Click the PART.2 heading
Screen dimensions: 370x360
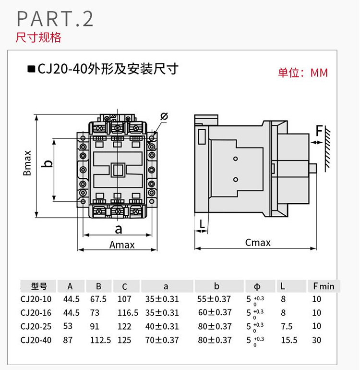(x=55, y=18)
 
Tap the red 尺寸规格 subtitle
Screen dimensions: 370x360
(x=38, y=37)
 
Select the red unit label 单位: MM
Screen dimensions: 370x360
(x=303, y=73)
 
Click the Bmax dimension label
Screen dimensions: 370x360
(x=27, y=163)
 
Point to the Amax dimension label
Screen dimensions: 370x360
(x=122, y=245)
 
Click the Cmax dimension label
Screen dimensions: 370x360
(x=258, y=243)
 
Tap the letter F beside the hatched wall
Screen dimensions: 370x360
(x=319, y=130)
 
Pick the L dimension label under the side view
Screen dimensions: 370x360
(x=202, y=224)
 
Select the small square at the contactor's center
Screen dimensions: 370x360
(x=118, y=170)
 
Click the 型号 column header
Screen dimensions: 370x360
(x=38, y=286)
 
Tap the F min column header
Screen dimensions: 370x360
(x=324, y=286)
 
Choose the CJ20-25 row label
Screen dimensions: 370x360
(x=36, y=326)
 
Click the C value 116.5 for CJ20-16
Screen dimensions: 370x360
(x=128, y=313)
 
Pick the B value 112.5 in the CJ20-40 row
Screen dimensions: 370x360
(x=101, y=340)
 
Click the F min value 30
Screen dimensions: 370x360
(x=317, y=340)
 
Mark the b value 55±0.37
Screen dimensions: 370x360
(x=214, y=299)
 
